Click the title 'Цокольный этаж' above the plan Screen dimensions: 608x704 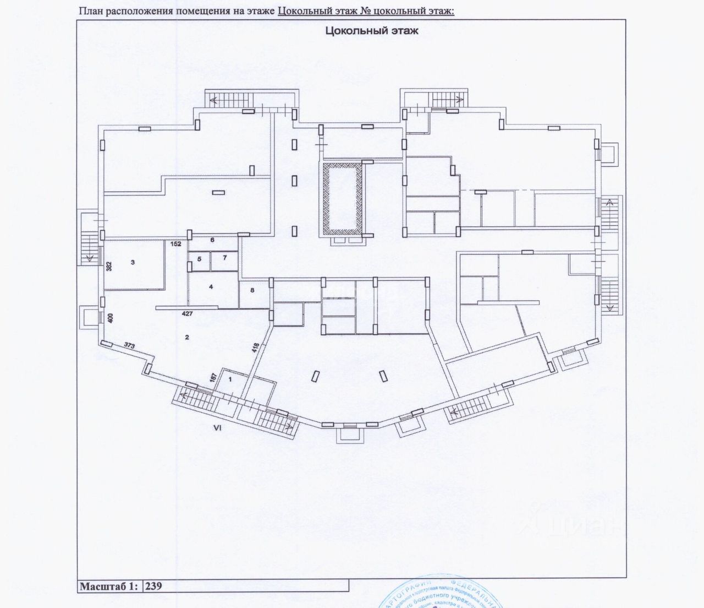(x=372, y=31)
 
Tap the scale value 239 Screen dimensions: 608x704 (x=154, y=585)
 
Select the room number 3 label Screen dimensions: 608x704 (x=133, y=263)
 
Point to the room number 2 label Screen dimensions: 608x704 (x=187, y=337)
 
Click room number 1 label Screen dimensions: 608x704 (x=230, y=379)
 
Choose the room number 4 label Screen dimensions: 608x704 (x=211, y=286)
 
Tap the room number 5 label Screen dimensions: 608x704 (x=200, y=258)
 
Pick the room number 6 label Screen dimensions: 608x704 (x=212, y=240)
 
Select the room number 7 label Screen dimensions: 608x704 (x=224, y=257)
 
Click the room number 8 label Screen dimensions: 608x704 (x=252, y=290)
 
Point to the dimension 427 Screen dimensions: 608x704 (x=188, y=313)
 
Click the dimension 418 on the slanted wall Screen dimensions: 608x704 (x=255, y=347)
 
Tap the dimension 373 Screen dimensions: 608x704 (x=130, y=346)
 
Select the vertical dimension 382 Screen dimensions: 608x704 (x=109, y=267)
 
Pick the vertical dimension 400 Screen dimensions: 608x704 (x=110, y=318)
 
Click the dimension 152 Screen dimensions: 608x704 (x=176, y=243)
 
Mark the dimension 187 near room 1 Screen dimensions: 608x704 (x=213, y=377)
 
